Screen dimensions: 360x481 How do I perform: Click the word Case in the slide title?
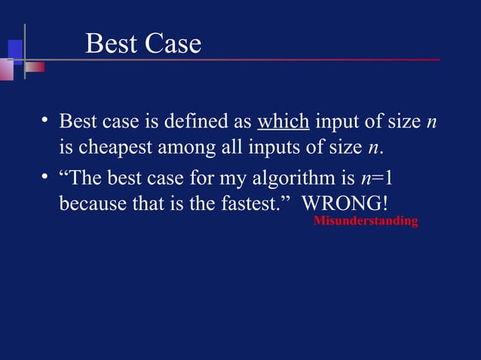tap(173, 44)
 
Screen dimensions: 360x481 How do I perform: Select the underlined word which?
tap(283, 122)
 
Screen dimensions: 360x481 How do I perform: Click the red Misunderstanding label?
tap(366, 221)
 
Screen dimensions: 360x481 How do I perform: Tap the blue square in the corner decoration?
tap(14, 48)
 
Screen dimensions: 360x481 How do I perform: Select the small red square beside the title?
tap(35, 67)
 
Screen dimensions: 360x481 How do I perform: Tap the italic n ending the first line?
tap(431, 122)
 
